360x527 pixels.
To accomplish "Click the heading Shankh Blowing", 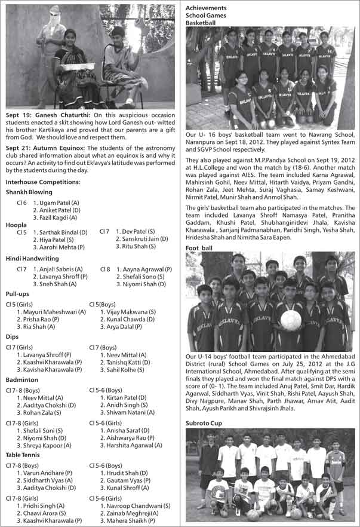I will tap(29, 192).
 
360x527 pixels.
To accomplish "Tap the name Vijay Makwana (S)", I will tap(128, 312).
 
